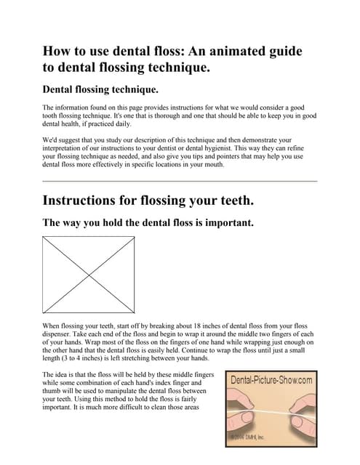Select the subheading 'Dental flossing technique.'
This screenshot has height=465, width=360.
coord(100,90)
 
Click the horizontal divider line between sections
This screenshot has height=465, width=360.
coord(180,180)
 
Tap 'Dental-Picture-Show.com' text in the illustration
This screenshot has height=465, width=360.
coord(272,379)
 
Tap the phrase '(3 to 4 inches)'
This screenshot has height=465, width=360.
coord(89,358)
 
